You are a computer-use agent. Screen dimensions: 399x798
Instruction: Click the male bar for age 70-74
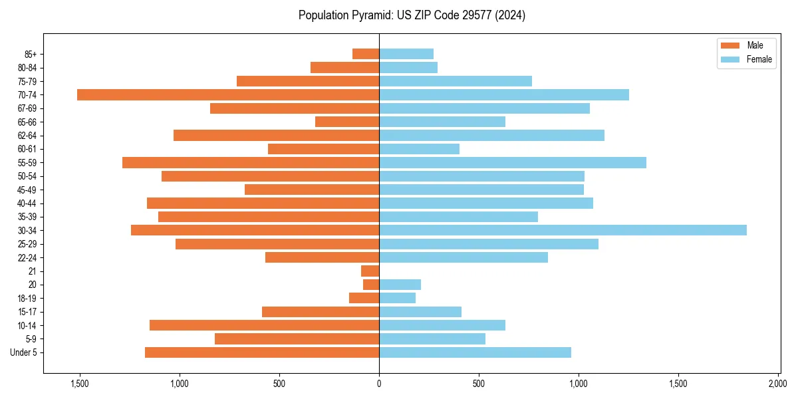228,94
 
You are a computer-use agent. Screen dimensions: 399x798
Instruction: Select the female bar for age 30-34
563,230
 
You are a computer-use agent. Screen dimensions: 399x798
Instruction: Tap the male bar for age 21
370,271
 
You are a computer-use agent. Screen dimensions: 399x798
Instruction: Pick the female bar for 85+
406,54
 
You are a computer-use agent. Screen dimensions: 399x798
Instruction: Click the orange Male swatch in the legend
730,45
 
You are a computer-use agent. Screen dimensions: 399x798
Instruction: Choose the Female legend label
759,59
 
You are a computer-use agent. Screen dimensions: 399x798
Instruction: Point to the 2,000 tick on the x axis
778,384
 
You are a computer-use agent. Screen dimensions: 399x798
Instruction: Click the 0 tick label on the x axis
379,384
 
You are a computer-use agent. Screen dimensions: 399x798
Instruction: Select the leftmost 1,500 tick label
79,384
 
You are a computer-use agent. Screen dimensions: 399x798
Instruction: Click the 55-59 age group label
27,162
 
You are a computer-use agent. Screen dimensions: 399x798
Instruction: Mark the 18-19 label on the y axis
27,298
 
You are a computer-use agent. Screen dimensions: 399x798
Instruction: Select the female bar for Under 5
475,352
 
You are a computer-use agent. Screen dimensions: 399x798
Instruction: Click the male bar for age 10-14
264,325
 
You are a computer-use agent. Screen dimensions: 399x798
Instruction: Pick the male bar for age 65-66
347,122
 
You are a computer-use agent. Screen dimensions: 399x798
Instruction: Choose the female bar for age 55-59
513,162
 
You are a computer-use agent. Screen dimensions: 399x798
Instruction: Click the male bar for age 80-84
344,67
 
